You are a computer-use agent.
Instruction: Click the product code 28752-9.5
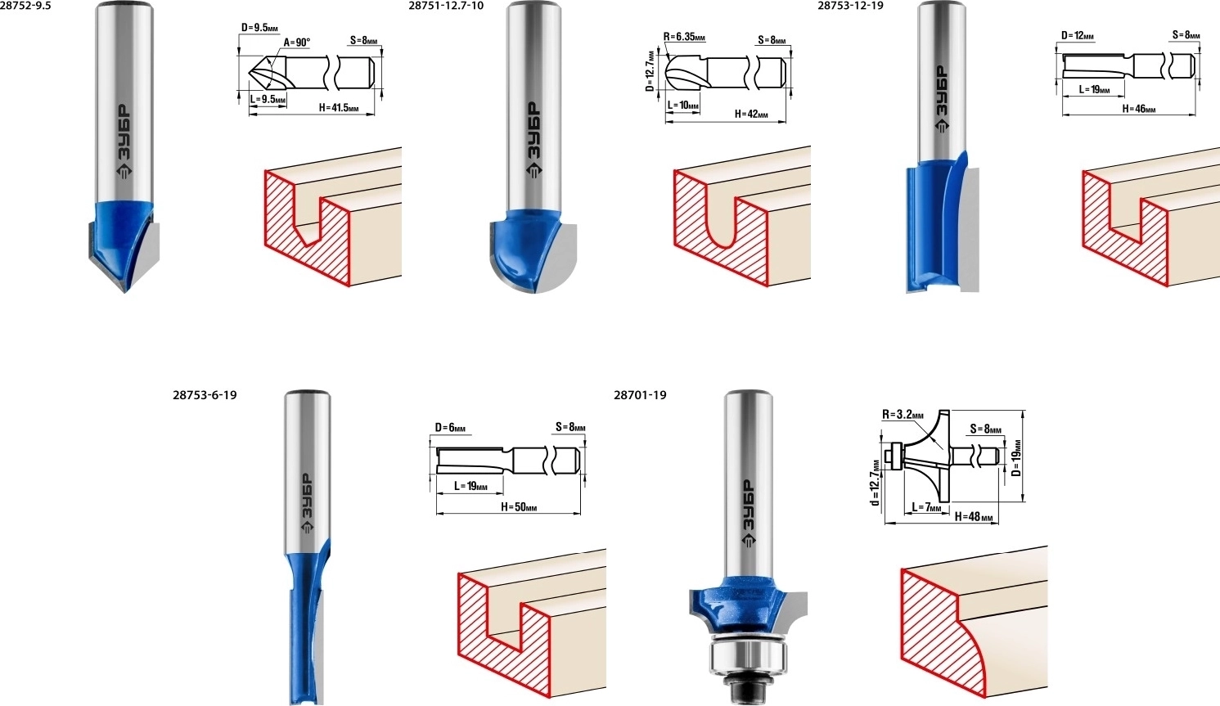[x=25, y=6]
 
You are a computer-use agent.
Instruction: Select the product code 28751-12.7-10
[x=445, y=6]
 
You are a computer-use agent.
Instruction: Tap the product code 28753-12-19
[x=851, y=6]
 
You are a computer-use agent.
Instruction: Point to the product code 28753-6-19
[x=205, y=395]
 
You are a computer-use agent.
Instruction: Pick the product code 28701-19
[x=640, y=395]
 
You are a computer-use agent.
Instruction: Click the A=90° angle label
[x=297, y=43]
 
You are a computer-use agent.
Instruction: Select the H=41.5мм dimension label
[x=339, y=108]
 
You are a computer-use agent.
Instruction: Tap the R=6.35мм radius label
[x=684, y=37]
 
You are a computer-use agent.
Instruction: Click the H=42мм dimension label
[x=751, y=115]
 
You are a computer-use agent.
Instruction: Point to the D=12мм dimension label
[x=1078, y=36]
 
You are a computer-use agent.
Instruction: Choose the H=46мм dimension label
[x=1139, y=109]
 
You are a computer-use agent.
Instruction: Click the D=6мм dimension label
[x=450, y=428]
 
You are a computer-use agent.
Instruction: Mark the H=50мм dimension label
[x=519, y=507]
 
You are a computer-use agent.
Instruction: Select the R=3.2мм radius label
[x=903, y=415]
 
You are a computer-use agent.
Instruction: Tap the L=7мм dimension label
[x=926, y=507]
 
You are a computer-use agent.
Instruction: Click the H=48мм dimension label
[x=973, y=516]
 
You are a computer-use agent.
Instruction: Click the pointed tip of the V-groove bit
[x=124, y=292]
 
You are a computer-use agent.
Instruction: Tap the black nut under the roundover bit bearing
[x=747, y=690]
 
